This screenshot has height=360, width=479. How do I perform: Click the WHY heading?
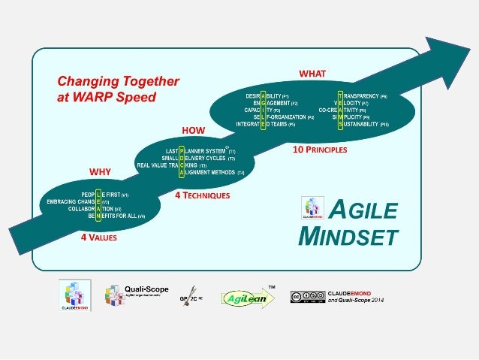100,171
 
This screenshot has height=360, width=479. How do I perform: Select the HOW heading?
194,129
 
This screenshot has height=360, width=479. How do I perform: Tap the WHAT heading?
312,74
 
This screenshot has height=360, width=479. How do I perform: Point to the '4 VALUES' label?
99,237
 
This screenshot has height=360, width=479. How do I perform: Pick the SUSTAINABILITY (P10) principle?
363,124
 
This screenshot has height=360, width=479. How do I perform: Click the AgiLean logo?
244,298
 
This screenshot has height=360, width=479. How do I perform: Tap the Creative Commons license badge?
307,297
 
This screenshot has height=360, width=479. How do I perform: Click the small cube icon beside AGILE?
312,207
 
